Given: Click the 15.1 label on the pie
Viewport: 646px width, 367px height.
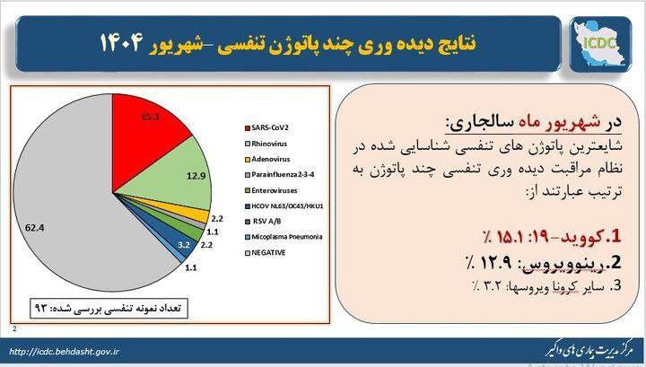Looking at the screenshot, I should coord(150,117).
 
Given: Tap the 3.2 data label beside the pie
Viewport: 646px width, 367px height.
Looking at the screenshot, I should coord(184,243).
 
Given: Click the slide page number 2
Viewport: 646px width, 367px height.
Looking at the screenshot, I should coord(13,329).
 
